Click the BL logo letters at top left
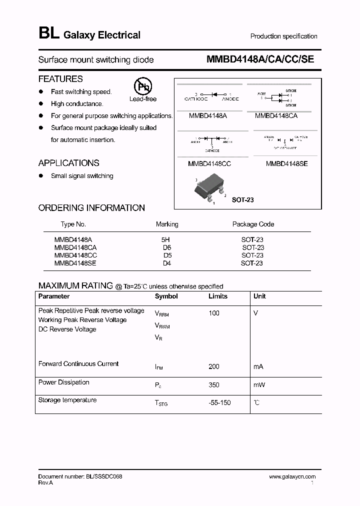pyautogui.click(x=48, y=34)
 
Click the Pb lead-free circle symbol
pyautogui.click(x=143, y=86)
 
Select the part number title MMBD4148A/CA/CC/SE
pyautogui.click(x=260, y=59)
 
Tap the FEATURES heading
pyautogui.click(x=60, y=79)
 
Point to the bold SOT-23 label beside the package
pyautogui.click(x=243, y=199)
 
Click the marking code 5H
pyautogui.click(x=166, y=240)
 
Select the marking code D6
pyautogui.click(x=167, y=247)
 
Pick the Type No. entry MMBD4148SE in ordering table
pyautogui.click(x=75, y=263)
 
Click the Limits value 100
pyautogui.click(x=214, y=313)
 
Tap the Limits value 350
pyautogui.click(x=214, y=385)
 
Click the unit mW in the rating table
pyautogui.click(x=259, y=385)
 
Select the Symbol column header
pyautogui.click(x=166, y=296)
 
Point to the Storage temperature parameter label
pyautogui.click(x=67, y=400)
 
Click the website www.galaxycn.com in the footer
pyautogui.click(x=292, y=477)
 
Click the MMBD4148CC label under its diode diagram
pyautogui.click(x=209, y=163)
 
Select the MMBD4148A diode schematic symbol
pyautogui.click(x=212, y=94)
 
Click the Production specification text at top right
pyautogui.click(x=283, y=36)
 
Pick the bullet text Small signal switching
pyautogui.click(x=82, y=176)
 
